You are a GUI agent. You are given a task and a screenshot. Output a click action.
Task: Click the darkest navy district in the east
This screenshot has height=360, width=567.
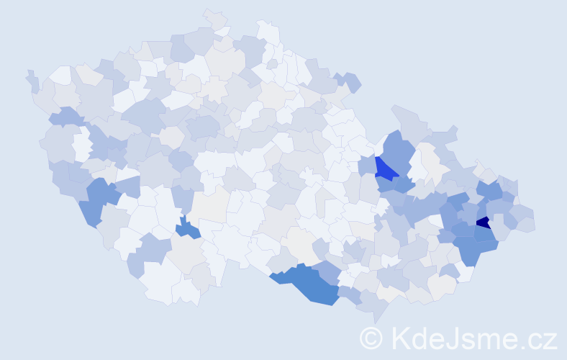[x=484, y=222]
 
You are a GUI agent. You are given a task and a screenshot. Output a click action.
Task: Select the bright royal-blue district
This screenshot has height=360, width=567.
[x=385, y=170]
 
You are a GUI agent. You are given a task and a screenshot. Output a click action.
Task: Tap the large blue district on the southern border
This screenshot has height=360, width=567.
[x=309, y=282]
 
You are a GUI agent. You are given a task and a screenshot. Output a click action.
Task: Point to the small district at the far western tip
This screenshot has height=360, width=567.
[x=32, y=81]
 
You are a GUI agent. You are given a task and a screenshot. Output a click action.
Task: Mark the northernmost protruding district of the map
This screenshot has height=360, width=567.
[x=214, y=17]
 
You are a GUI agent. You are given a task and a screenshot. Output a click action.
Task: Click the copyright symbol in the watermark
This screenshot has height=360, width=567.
[x=371, y=337]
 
